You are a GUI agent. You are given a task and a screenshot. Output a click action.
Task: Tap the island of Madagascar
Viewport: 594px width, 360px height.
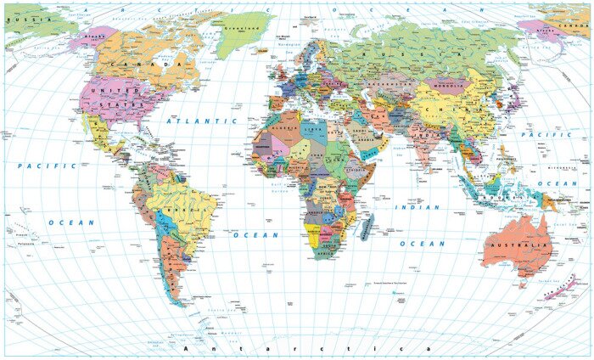coord(367,227)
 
